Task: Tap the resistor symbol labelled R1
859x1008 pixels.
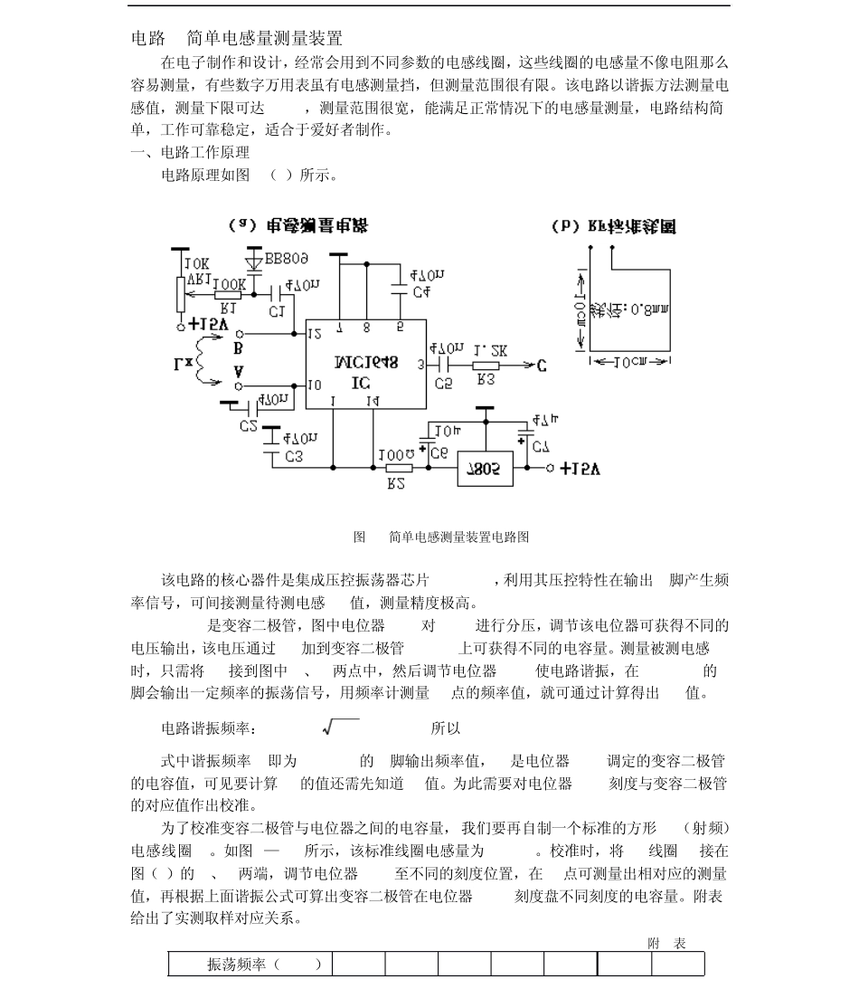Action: (229, 294)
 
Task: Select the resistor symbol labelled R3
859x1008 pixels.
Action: (486, 366)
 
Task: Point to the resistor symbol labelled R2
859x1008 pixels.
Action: (399, 468)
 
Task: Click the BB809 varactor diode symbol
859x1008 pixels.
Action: (254, 263)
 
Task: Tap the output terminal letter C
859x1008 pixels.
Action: (541, 366)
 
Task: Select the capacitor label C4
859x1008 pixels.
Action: (420, 292)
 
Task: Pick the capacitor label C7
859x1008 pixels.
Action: (540, 447)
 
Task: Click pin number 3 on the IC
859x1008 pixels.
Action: (421, 365)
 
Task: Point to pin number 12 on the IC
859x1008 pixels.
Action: (314, 334)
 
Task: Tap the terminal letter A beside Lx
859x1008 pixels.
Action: (238, 372)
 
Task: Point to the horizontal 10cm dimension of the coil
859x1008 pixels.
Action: (629, 362)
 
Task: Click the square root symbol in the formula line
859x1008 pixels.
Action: (340, 727)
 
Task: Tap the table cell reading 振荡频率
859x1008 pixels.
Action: (250, 965)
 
